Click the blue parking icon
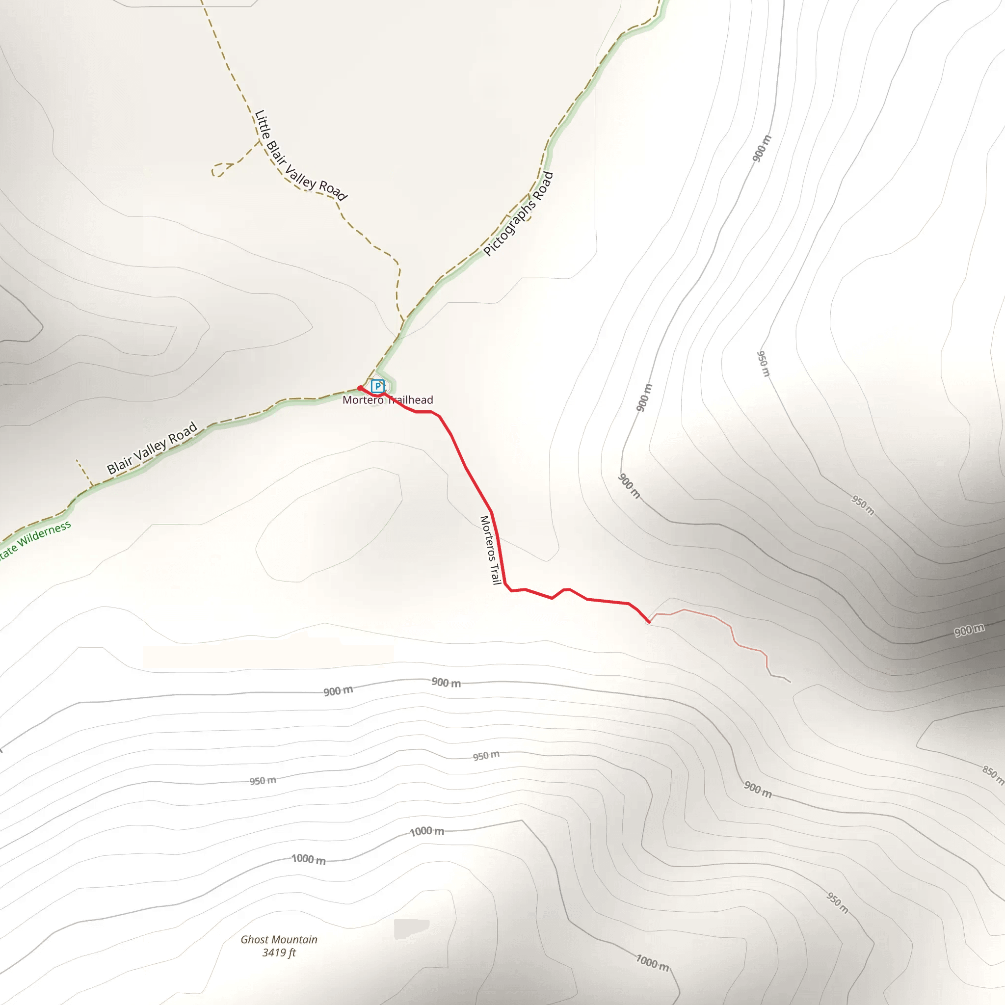[x=378, y=386]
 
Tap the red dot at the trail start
[x=360, y=388]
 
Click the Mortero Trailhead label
[x=388, y=400]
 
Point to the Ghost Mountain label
[x=279, y=939]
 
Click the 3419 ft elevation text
[x=279, y=953]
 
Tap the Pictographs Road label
[x=518, y=213]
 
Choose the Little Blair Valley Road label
[x=300, y=156]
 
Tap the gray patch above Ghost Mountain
[x=411, y=928]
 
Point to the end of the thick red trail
[x=649, y=622]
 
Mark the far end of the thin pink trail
[x=790, y=682]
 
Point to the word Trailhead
[x=411, y=400]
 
